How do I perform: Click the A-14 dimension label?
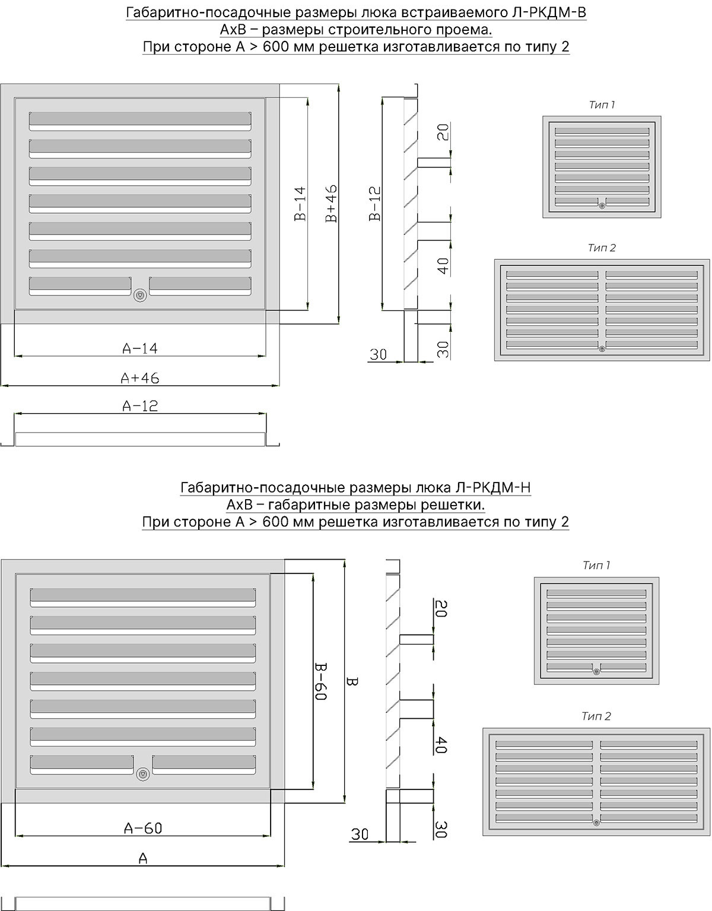click(140, 348)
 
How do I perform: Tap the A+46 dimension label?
click(140, 378)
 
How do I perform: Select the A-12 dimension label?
click(140, 406)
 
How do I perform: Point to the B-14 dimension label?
click(300, 204)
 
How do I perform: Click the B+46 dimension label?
click(331, 204)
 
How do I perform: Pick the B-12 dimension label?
click(375, 204)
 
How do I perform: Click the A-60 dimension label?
click(143, 828)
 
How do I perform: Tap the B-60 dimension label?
click(320, 681)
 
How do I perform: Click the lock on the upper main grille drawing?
click(140, 295)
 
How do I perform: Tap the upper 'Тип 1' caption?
click(602, 105)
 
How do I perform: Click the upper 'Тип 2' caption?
click(602, 247)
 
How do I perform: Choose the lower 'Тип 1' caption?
click(596, 565)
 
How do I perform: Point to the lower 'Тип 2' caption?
click(596, 716)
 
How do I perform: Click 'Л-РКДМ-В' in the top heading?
click(549, 13)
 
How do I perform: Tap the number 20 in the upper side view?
click(443, 132)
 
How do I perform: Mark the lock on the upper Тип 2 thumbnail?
click(602, 349)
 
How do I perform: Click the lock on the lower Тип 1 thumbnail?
click(597, 672)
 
